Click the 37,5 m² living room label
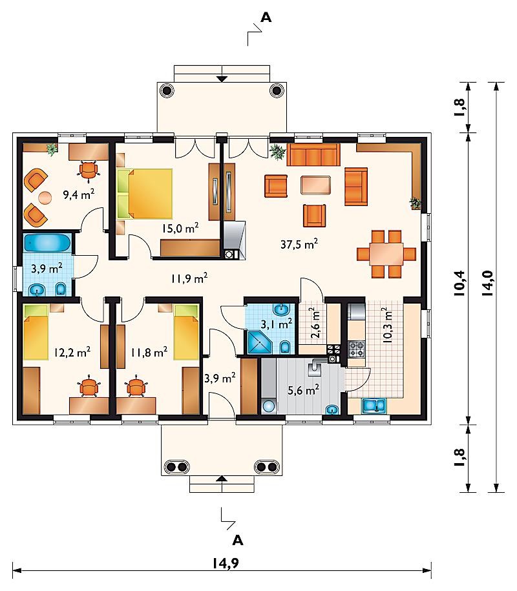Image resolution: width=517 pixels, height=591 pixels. pos(299,244)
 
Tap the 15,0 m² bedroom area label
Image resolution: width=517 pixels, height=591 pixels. pos(180,227)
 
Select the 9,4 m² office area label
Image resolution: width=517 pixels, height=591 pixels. pos(79,194)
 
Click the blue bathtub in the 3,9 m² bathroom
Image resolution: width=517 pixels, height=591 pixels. pos(48,243)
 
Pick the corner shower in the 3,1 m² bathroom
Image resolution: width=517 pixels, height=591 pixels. pos(259,342)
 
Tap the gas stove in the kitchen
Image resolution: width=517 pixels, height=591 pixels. pos(356,349)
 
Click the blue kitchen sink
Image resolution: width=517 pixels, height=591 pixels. pos(374,406)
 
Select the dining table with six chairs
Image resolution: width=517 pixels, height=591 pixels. pos(386,254)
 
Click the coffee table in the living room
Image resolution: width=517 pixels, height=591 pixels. pos(316,185)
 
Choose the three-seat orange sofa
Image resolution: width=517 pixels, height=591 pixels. pos(313,154)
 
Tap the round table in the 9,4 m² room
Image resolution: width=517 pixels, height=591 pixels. pos(45,198)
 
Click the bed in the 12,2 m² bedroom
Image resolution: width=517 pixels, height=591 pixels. pos(36,332)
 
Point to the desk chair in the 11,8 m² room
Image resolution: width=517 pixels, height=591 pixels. pos(135,386)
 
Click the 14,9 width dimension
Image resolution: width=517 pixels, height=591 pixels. pos(225,563)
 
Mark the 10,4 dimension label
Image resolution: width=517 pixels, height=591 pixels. pos(460,283)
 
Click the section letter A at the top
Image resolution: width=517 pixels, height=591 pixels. pos(266,17)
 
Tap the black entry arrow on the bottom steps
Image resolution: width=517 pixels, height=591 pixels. pos(222,479)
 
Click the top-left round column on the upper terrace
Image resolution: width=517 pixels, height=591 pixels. pos(167,90)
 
